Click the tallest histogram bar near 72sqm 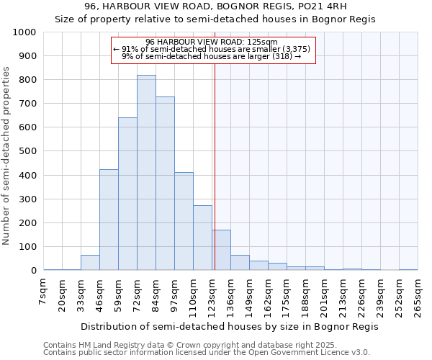point(146,173)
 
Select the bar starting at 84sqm point(165,184)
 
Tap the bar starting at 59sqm point(127,194)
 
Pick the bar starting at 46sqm point(109,220)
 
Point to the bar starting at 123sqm point(221,250)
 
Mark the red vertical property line point(215,166)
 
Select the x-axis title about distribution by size point(229,326)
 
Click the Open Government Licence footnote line point(207,353)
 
